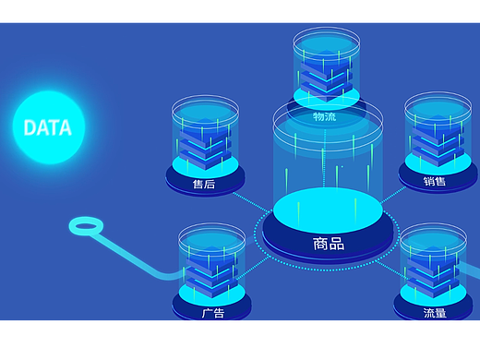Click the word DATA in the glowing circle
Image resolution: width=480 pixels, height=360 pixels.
(x=48, y=127)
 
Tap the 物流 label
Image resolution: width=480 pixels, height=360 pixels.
(x=325, y=116)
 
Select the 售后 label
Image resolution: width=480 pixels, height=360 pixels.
(x=204, y=184)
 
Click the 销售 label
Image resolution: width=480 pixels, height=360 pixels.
(x=434, y=181)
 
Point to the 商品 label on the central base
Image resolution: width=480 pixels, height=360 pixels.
(x=329, y=244)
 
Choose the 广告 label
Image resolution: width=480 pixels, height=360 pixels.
(x=213, y=313)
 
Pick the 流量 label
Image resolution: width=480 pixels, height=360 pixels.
(x=435, y=313)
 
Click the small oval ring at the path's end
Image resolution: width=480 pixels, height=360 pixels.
(x=86, y=226)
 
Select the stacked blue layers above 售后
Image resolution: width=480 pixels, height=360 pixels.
(x=205, y=144)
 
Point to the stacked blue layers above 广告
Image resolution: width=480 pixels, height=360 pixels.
(x=211, y=272)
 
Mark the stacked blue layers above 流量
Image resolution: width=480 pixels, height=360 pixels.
(x=433, y=272)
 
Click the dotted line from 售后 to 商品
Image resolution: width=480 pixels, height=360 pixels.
(x=251, y=202)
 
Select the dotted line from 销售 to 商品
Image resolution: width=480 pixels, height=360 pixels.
(x=393, y=195)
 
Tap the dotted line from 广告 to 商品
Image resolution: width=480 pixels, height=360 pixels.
(x=253, y=268)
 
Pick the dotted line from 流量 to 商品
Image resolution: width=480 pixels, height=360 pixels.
(x=391, y=270)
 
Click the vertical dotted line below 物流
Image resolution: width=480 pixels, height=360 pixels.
(x=325, y=158)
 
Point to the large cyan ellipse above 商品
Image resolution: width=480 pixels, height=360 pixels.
(x=328, y=210)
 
